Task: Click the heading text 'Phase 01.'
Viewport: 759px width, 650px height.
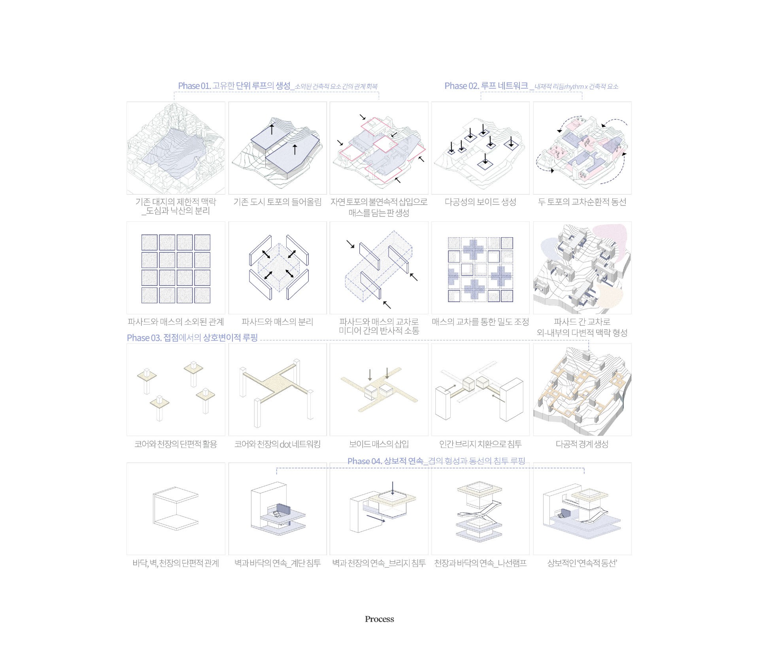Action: (x=194, y=86)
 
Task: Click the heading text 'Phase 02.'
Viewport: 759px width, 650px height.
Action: (x=461, y=86)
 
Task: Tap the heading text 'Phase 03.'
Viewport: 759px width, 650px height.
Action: (x=144, y=338)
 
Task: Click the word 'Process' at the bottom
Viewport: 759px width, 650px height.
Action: (x=379, y=619)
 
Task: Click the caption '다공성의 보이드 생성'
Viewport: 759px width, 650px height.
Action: (x=480, y=202)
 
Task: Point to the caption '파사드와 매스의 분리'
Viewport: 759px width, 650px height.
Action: (x=278, y=322)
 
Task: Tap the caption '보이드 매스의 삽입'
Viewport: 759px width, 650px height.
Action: (x=379, y=444)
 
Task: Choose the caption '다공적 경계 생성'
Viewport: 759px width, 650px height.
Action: (x=582, y=444)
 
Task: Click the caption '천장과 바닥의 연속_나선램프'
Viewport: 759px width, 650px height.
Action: (x=480, y=563)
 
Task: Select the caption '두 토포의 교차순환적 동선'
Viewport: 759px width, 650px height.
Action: (x=582, y=202)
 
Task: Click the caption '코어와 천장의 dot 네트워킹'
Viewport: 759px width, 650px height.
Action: (x=278, y=444)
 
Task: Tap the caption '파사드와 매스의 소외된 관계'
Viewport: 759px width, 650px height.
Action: (x=176, y=322)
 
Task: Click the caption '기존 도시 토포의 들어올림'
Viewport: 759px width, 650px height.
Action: (x=278, y=202)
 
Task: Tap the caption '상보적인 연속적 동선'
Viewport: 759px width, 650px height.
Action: (x=582, y=563)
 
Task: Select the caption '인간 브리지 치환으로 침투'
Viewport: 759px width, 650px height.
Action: (x=480, y=444)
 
